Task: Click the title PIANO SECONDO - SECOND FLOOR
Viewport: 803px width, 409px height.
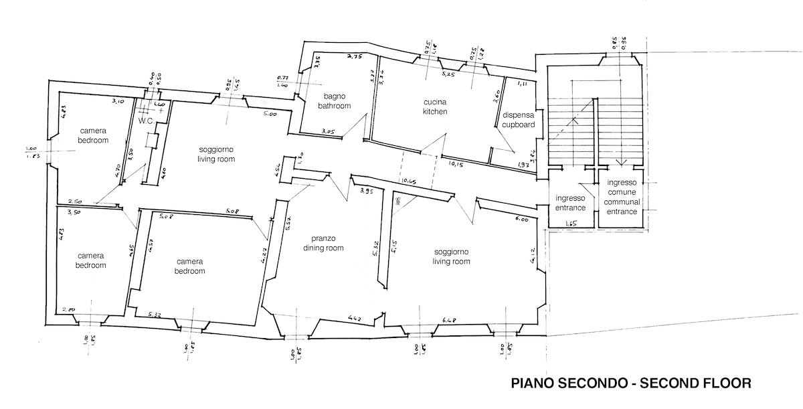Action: click(630, 384)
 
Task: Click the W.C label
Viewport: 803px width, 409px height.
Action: click(147, 121)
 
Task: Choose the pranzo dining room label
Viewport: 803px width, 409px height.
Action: click(327, 243)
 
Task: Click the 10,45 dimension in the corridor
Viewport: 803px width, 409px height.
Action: click(408, 181)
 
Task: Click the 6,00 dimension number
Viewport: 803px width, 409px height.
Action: click(521, 219)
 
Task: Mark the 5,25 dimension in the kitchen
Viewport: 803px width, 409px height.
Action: click(448, 74)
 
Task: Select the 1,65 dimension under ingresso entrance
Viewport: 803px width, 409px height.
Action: click(571, 224)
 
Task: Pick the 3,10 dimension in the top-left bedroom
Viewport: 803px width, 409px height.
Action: click(120, 101)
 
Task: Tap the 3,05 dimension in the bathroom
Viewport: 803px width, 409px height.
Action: click(328, 131)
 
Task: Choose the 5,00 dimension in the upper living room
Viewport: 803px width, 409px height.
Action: click(270, 114)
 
